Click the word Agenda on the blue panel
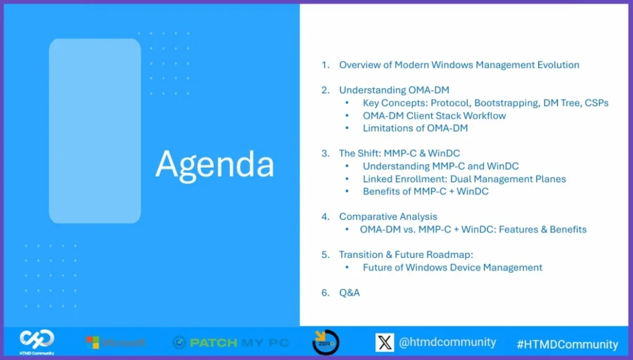215,164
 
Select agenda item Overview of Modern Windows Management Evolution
459,65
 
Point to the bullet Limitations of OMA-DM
415,129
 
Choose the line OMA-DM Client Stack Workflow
434,116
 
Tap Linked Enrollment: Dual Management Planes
464,179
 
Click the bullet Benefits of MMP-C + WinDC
425,191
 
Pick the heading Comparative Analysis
388,216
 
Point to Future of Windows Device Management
452,267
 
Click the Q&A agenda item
349,293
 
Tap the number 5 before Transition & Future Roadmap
325,255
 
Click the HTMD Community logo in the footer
36,341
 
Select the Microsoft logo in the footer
116,342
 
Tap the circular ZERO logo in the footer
325,342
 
